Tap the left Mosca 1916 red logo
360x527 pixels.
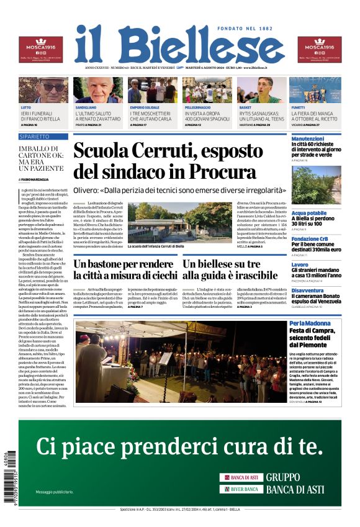click(x=40, y=49)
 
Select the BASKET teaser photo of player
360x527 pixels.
click(x=261, y=90)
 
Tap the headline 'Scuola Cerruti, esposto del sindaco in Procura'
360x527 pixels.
click(x=164, y=160)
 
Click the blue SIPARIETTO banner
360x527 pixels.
click(x=43, y=136)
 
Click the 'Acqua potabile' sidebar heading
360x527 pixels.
click(x=309, y=213)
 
